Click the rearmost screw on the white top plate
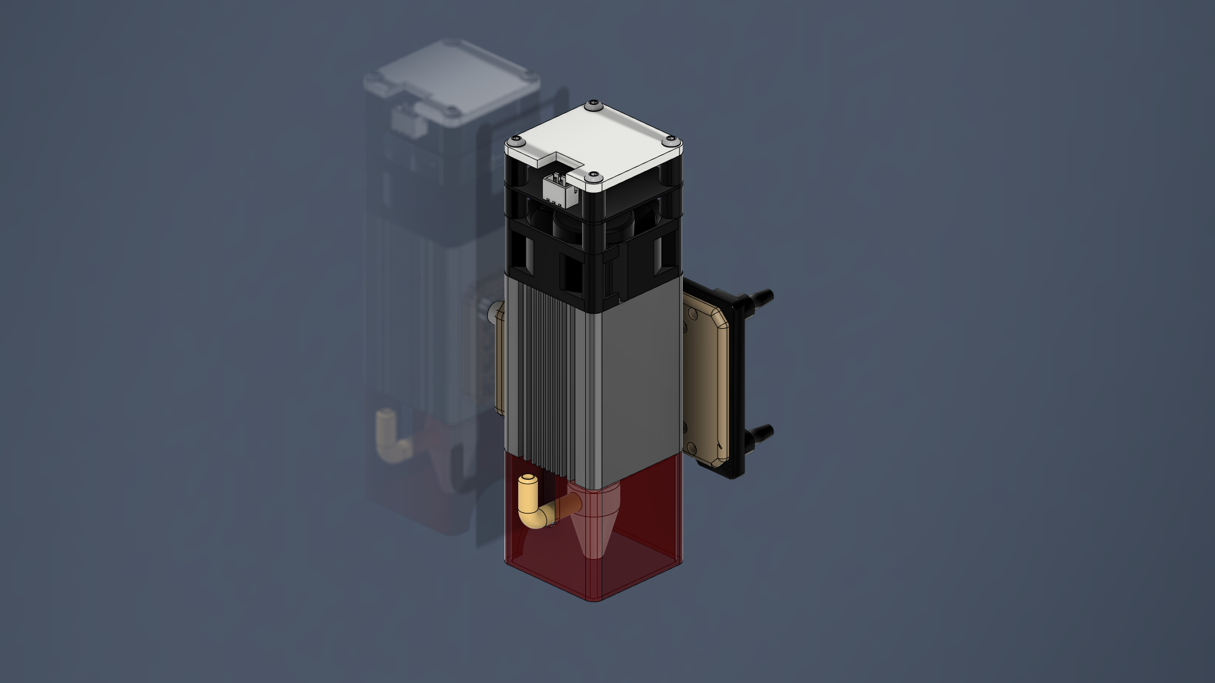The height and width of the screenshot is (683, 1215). click(592, 103)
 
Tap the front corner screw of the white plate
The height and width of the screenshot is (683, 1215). click(593, 174)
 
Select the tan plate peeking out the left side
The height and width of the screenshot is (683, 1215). click(499, 360)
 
